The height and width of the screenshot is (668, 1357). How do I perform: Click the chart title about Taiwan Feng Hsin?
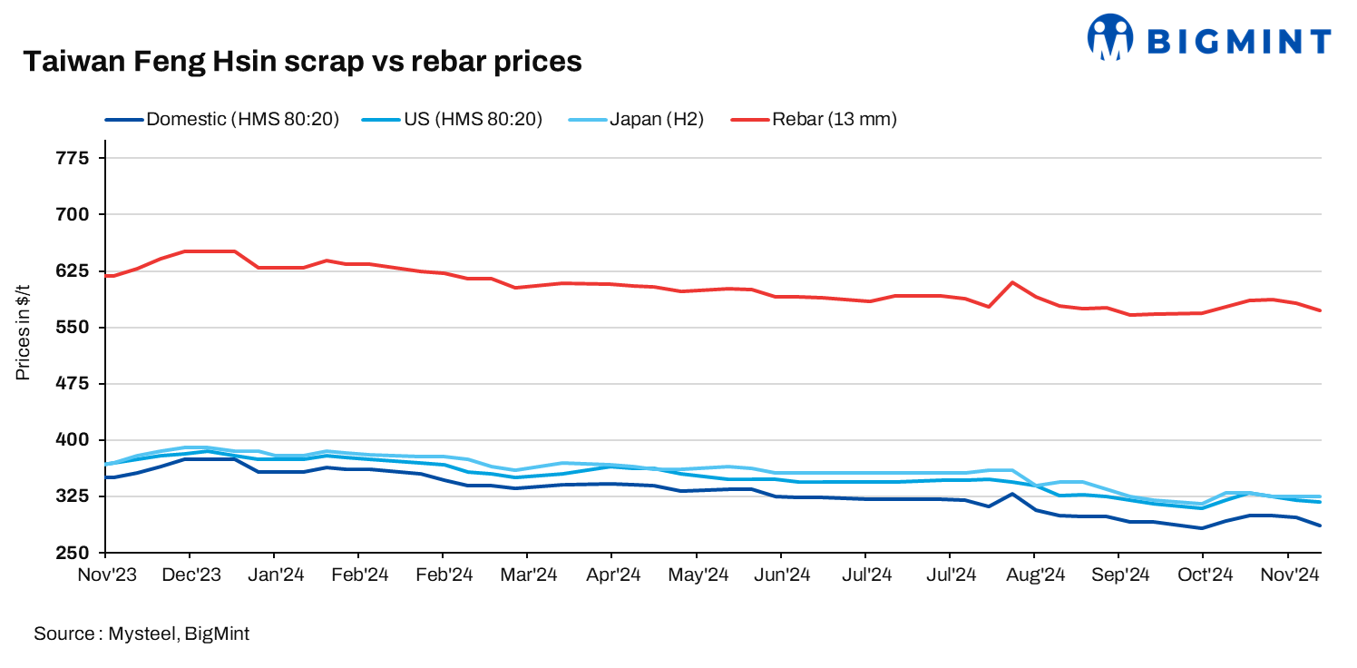click(x=301, y=61)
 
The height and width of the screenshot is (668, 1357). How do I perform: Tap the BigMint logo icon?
click(x=1111, y=37)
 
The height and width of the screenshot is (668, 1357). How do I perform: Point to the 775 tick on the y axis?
click(x=75, y=159)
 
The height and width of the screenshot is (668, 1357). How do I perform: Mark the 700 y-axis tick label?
click(x=75, y=215)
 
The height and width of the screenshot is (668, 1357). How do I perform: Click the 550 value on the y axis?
click(x=75, y=328)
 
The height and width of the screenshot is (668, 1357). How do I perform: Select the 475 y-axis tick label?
click(x=75, y=384)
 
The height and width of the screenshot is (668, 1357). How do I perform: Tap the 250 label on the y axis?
click(x=75, y=553)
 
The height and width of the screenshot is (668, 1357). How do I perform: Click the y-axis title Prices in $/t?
click(x=23, y=332)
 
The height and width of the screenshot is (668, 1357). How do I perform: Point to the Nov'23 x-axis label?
click(x=105, y=575)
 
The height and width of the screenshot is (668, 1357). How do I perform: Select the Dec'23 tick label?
click(x=190, y=575)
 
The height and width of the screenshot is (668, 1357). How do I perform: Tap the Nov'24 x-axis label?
click(x=1288, y=575)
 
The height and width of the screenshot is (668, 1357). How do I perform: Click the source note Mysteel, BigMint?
click(x=142, y=634)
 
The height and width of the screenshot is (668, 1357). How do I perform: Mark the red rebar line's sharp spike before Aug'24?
click(x=1012, y=282)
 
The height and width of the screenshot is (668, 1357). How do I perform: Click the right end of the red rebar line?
click(x=1320, y=310)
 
